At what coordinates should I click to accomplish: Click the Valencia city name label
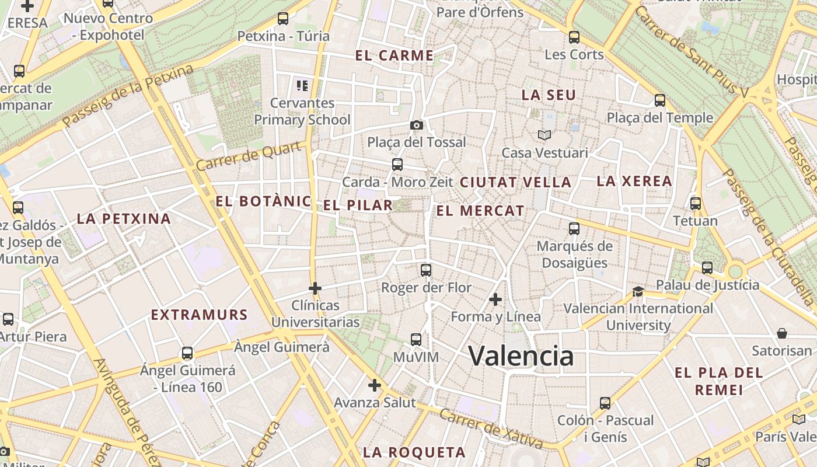pos(521,356)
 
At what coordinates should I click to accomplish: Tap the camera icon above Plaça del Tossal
pos(416,125)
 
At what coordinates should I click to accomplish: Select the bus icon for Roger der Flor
pos(426,270)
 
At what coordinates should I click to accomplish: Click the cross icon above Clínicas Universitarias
pos(315,288)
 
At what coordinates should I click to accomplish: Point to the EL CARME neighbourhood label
pos(394,56)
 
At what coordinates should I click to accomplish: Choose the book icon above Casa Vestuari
pos(544,135)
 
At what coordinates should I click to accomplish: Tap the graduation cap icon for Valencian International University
pos(638,291)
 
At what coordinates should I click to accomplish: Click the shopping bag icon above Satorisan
pos(781,333)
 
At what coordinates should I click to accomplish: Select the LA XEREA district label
pos(634,181)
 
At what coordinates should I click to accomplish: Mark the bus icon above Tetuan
pos(695,204)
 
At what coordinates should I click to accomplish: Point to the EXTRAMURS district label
pos(200,315)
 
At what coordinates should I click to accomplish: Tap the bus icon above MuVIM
pos(416,339)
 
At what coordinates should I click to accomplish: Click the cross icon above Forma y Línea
pos(495,299)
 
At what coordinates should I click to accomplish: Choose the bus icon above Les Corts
pos(574,37)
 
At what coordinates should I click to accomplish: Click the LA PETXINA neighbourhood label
pos(124,219)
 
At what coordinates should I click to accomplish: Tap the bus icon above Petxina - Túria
pos(283,19)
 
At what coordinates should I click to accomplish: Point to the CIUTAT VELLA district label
pos(515,182)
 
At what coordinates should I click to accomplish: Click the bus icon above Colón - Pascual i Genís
pos(605,403)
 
